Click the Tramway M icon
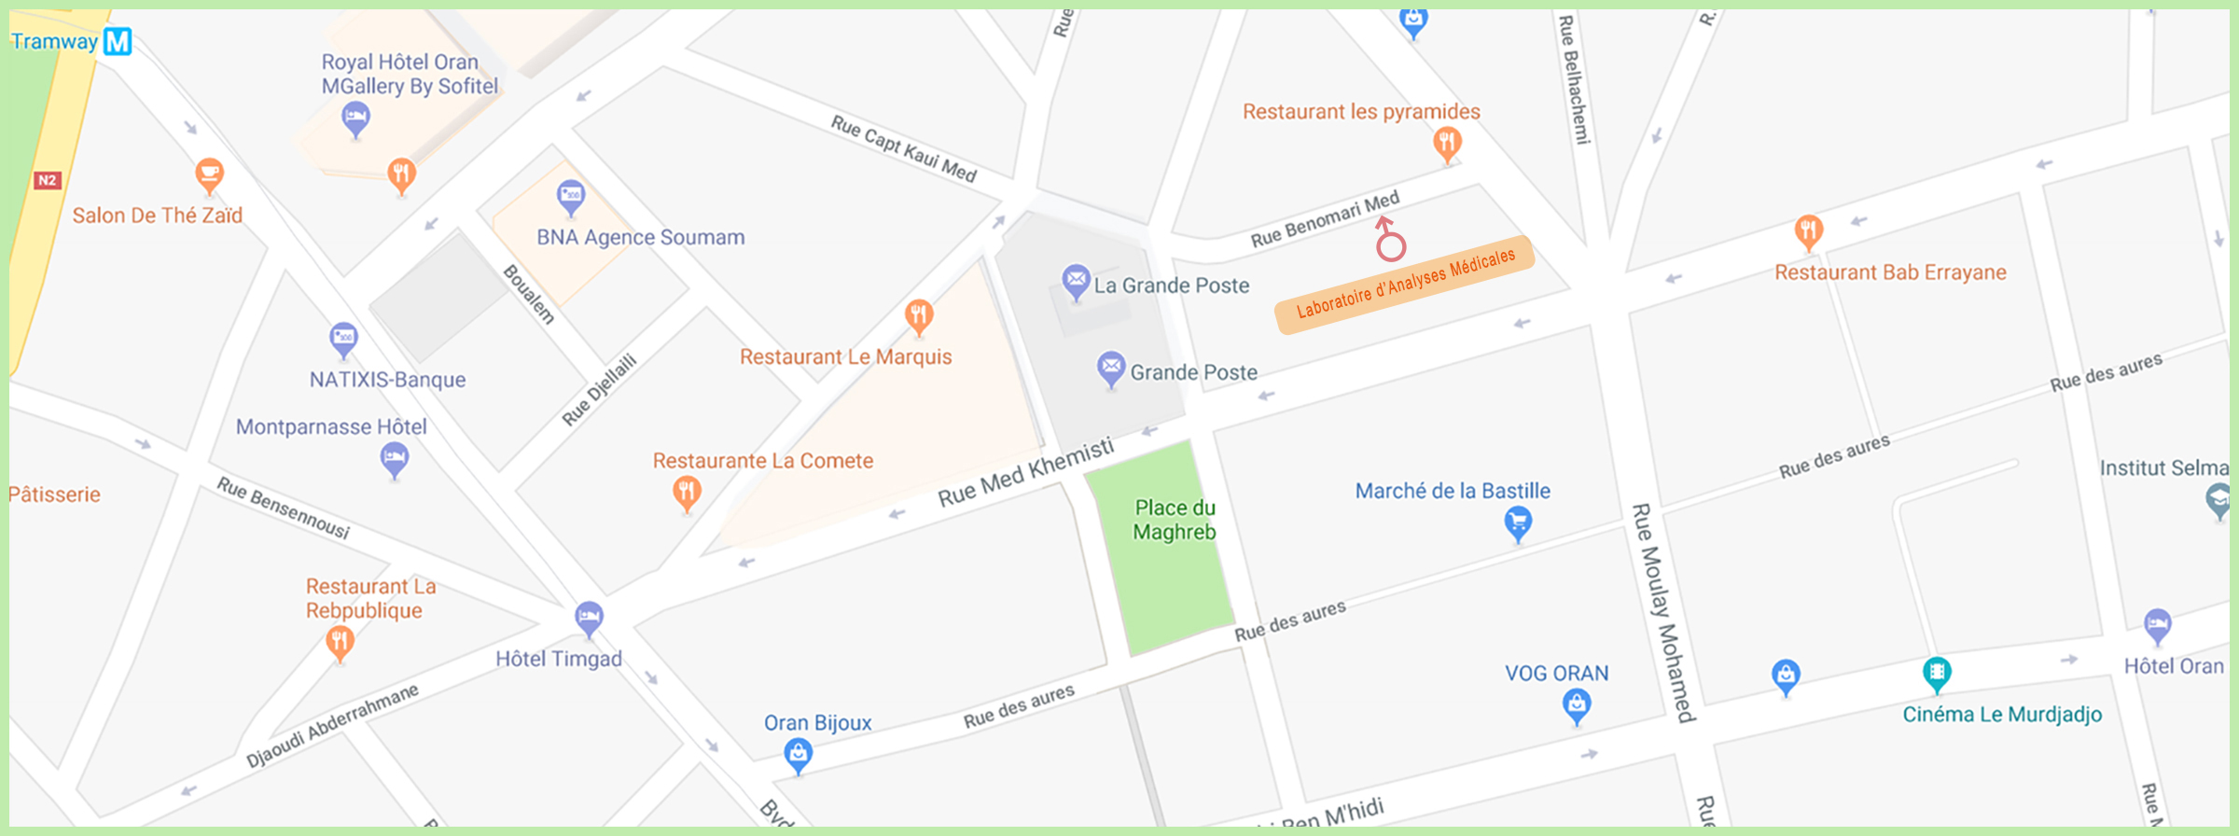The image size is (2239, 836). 118,41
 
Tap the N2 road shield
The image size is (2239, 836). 47,180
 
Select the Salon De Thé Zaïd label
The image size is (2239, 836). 158,216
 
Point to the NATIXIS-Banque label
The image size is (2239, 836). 387,380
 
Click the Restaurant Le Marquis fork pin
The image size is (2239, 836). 919,315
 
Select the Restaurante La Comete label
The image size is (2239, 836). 762,461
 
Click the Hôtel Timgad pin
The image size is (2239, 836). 589,618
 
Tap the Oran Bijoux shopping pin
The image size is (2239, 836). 798,753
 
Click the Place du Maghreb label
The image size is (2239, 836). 1175,520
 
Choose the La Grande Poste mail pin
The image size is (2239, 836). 1076,280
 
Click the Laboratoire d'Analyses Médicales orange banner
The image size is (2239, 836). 1405,284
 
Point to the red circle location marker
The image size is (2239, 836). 1390,245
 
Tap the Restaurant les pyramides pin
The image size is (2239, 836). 1447,144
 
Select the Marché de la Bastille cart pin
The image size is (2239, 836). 1518,522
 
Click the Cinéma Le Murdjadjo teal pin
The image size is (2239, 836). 1937,673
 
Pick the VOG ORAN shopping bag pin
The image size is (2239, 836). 1577,704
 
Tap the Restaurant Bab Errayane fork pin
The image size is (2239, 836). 1808,230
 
